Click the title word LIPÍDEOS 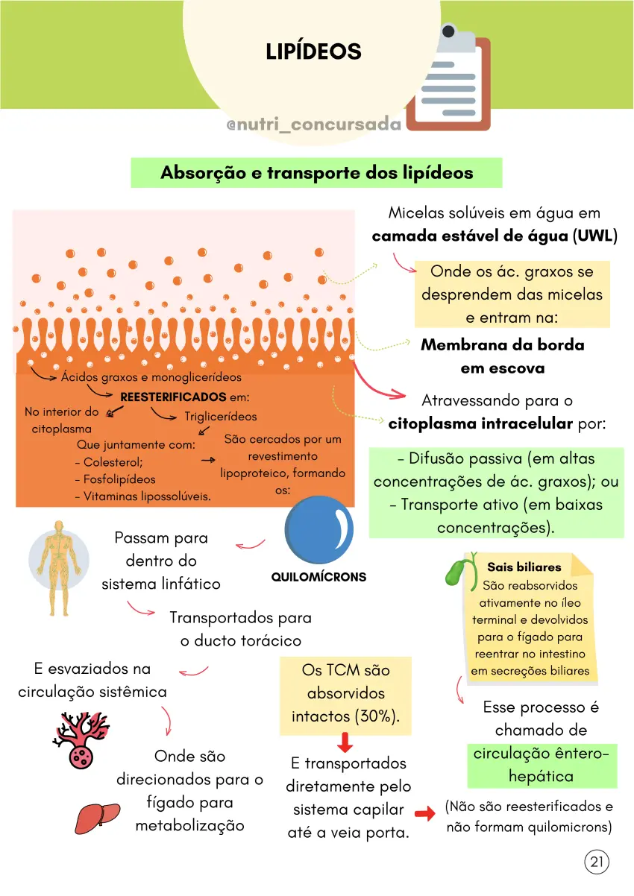coord(313,51)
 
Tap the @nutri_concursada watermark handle coord(313,124)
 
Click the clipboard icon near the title coord(448,78)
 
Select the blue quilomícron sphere coord(319,529)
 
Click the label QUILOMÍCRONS coord(318,577)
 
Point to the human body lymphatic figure coord(59,567)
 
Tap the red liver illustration coord(98,817)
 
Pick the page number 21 coord(597,861)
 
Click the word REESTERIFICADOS coord(173,397)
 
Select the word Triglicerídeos coord(221,417)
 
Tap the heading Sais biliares coord(524,567)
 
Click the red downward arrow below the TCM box coord(345,742)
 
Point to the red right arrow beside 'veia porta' coord(424,813)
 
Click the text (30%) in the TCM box coord(377,716)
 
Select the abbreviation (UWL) coord(595,236)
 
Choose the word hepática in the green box coord(542,777)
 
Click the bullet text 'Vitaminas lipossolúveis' coord(146,496)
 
